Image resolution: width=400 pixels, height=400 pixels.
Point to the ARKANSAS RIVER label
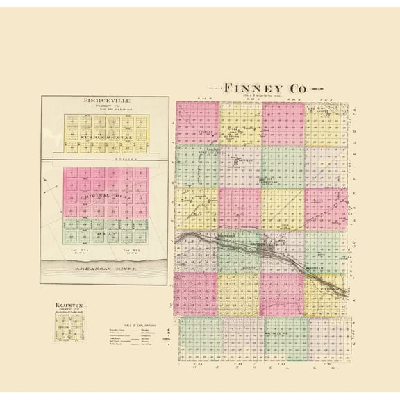pyautogui.click(x=104, y=267)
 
